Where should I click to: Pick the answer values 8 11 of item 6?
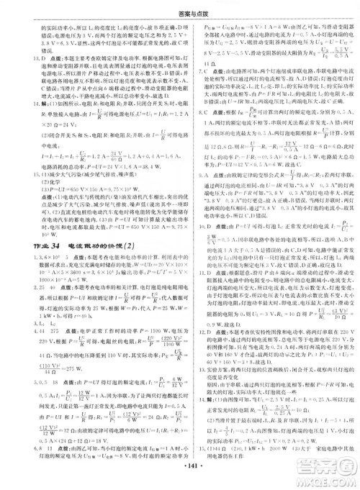pyautogui.click(x=35, y=444)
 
